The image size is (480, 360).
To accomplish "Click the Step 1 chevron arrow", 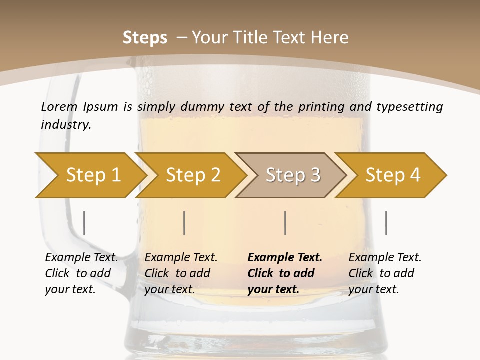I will pos(93,175).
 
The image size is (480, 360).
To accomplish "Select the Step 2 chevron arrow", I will pos(193,175).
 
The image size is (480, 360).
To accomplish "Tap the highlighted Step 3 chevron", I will pos(292,175).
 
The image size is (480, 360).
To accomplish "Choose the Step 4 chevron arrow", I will pos(392,175).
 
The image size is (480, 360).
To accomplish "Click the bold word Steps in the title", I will pos(145,38).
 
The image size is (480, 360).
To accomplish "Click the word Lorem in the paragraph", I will pos(59,106).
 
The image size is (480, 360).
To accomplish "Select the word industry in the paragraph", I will pos(66,125).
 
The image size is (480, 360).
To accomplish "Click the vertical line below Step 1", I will pos(84,223).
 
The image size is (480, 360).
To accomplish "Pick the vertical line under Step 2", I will pos(184,223).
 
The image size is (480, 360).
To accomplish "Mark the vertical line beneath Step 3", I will pos(285,223).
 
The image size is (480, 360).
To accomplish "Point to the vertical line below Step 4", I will pos(386,223).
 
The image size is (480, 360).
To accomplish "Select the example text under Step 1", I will pos(81,273).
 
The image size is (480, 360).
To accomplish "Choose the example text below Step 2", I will pos(181,273).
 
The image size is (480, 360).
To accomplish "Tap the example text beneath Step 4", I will pos(385,273).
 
